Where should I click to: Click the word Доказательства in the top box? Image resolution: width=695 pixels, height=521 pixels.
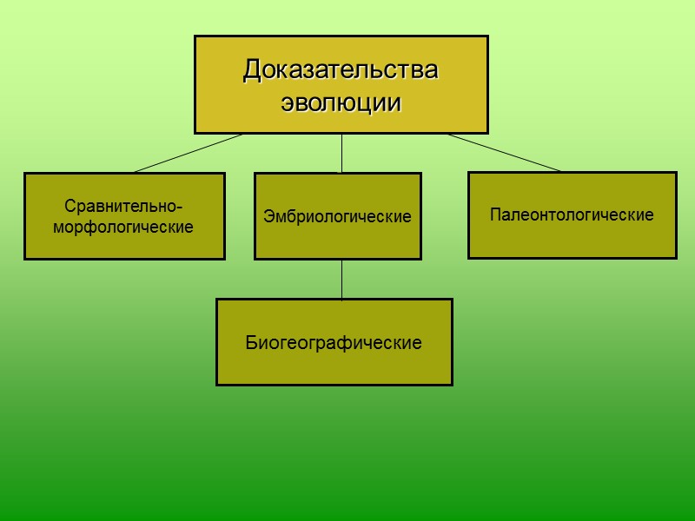341,69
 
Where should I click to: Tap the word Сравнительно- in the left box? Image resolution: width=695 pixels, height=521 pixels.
123,207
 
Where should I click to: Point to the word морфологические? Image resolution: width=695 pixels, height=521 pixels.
123,228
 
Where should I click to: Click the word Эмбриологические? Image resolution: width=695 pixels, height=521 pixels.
337,216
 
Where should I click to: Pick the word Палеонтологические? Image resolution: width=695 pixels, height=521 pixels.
572,214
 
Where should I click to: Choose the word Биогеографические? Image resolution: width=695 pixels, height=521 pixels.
334,343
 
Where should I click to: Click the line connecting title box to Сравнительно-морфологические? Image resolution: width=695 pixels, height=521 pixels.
187,154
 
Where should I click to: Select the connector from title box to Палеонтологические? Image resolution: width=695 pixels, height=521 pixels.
504,153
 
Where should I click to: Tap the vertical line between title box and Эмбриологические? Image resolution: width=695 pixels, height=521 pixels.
341,154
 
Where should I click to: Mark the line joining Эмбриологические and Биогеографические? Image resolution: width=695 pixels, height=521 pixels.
341,279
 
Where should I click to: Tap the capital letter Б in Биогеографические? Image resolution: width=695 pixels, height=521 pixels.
251,343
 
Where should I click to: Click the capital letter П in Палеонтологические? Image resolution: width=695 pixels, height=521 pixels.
495,214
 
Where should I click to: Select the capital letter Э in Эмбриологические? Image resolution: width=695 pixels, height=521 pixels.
268,216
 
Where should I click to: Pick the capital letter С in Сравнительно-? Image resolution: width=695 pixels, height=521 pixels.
69,207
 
